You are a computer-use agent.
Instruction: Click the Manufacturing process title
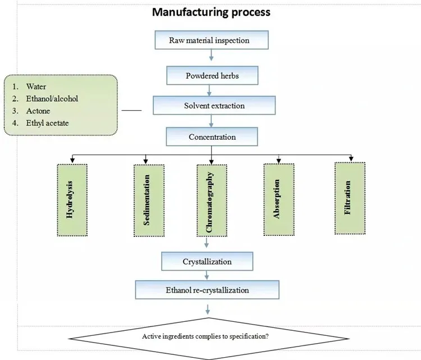pos(212,12)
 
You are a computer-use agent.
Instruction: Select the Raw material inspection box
pos(209,40)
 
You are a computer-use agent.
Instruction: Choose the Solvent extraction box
pos(214,105)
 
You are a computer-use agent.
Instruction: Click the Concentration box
pos(211,136)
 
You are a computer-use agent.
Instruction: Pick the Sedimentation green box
pos(147,200)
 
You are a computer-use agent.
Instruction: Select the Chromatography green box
pos(211,200)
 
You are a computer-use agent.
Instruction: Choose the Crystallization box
pos(207,261)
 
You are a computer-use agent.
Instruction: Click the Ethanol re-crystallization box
pos(207,290)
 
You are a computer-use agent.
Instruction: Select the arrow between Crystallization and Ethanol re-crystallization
pos(207,276)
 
